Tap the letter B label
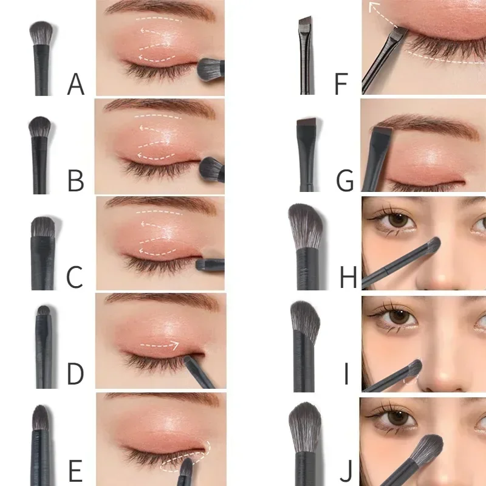(76, 180)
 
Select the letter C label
(75, 277)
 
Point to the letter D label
(75, 374)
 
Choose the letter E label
(75, 471)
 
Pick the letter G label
(344, 180)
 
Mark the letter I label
(346, 374)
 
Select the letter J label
(346, 471)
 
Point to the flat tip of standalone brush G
(305, 125)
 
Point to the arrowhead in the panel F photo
(372, 8)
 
